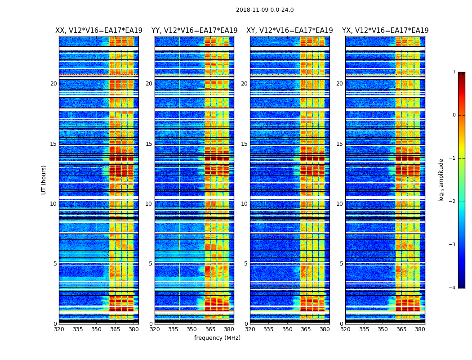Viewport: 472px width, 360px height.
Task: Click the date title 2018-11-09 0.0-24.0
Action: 265,10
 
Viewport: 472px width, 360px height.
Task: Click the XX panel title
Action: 99,31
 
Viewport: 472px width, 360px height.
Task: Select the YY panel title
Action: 194,31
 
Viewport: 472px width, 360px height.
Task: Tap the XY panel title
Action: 289,31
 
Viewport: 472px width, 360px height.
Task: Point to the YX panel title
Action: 385,31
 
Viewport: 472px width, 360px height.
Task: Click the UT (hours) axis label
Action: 44,180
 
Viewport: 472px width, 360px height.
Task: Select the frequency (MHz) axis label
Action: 217,338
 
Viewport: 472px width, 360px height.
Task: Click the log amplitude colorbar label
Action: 441,180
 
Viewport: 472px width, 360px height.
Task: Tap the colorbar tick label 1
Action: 454,72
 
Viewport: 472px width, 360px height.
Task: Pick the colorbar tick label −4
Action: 453,288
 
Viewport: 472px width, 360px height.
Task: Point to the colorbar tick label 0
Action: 454,115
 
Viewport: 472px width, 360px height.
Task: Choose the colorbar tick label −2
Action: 453,202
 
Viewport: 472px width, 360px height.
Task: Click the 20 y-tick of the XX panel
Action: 53,84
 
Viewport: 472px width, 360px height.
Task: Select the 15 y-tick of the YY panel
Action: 149,144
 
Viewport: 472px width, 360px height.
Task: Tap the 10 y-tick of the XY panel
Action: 244,204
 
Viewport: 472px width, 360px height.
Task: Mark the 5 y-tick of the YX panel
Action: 341,264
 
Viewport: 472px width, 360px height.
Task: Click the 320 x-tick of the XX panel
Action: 59,329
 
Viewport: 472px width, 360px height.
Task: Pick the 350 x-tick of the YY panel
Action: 192,329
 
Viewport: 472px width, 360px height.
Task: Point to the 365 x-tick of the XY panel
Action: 306,329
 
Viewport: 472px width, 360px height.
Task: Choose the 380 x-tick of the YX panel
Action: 420,329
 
